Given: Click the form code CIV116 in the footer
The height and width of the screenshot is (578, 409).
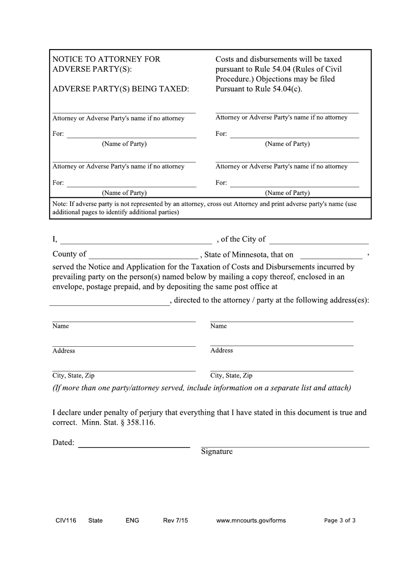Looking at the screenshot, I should tap(66, 520).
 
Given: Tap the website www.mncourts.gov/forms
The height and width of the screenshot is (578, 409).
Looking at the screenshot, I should tap(251, 520).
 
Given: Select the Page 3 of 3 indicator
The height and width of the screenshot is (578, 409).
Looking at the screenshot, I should tap(340, 520).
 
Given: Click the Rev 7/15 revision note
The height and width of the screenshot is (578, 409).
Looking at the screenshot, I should tap(175, 520).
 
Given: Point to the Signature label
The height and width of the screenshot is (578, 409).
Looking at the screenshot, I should tap(217, 451).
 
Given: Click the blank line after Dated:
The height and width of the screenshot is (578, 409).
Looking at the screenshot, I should tap(134, 446).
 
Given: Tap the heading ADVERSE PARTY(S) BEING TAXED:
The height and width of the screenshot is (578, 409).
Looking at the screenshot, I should tap(121, 89).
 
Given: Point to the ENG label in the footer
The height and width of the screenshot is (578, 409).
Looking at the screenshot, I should tap(132, 520).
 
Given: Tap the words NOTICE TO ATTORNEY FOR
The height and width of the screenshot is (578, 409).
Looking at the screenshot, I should tap(106, 59).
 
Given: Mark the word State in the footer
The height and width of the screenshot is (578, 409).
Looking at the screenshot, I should tap(95, 520).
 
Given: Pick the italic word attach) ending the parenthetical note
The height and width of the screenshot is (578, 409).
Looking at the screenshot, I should tap(339, 388).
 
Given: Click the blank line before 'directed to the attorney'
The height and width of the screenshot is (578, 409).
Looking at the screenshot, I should tap(110, 304).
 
